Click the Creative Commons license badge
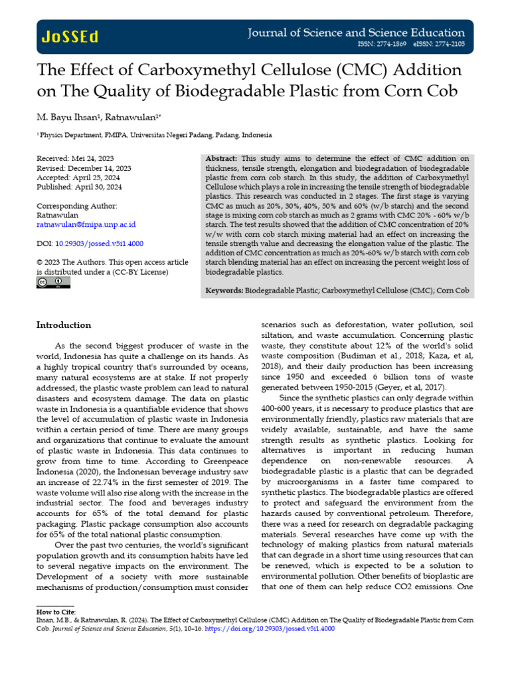[x=53, y=283]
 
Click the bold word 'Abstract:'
[x=222, y=158]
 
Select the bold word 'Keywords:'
[x=224, y=291]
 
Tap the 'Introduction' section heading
[x=64, y=325]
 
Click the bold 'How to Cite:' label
[x=56, y=611]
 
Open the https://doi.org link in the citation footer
[x=280, y=628]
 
